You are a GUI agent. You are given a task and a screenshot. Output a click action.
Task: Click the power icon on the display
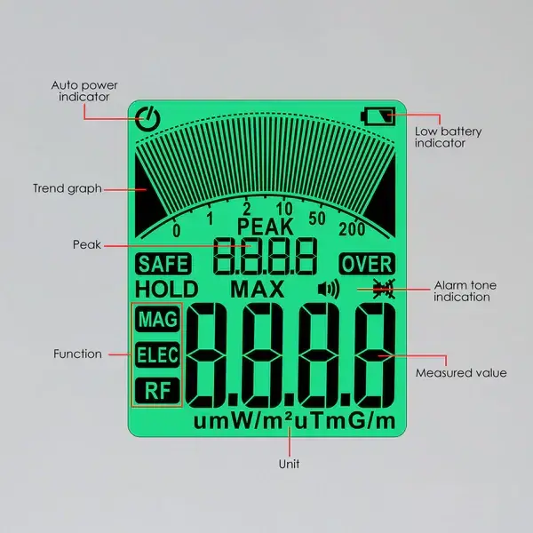(148, 117)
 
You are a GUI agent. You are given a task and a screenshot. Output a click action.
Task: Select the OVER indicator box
(366, 264)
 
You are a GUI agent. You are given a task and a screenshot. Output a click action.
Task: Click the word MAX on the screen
(258, 289)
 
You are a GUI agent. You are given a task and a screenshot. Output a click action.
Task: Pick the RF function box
(156, 389)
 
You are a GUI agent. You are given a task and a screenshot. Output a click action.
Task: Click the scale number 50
(317, 219)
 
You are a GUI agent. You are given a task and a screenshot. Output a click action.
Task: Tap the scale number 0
(177, 231)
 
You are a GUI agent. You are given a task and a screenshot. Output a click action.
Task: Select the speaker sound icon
(329, 289)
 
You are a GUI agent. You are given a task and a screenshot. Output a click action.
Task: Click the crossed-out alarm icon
(384, 288)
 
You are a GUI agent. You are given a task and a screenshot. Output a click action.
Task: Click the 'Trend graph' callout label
(68, 188)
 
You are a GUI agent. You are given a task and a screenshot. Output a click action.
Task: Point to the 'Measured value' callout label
(461, 373)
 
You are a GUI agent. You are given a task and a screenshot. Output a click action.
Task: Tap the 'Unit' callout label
(289, 464)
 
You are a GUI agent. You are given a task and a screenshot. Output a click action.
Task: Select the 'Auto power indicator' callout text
(84, 91)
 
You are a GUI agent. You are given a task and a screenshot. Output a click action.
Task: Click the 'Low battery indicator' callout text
(449, 137)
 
